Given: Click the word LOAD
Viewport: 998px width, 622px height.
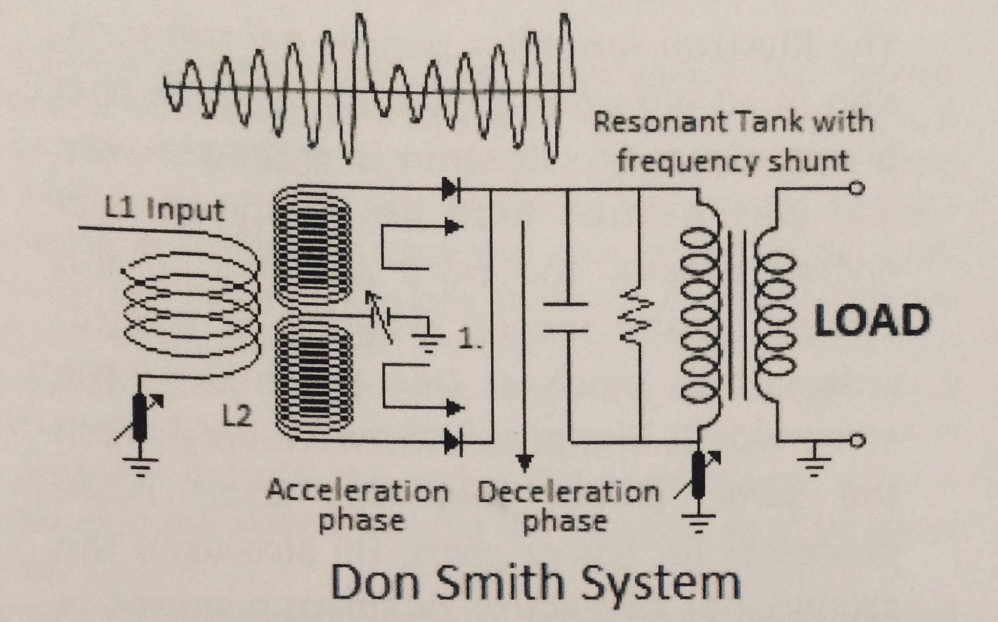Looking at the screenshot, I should (x=872, y=320).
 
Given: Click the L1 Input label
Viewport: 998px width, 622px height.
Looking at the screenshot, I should (x=164, y=209).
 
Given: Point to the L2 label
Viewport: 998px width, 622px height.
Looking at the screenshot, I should (x=237, y=416).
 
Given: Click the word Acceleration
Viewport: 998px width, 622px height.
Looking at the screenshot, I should (x=357, y=492).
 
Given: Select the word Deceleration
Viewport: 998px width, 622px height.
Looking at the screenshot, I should (x=568, y=492).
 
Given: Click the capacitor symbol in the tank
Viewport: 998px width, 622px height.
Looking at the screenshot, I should (x=565, y=317).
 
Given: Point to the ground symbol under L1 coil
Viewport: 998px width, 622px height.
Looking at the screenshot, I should (x=140, y=466).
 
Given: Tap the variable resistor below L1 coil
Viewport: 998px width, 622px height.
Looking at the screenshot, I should (x=140, y=416).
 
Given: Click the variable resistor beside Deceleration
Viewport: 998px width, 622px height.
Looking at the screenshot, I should (x=698, y=474).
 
